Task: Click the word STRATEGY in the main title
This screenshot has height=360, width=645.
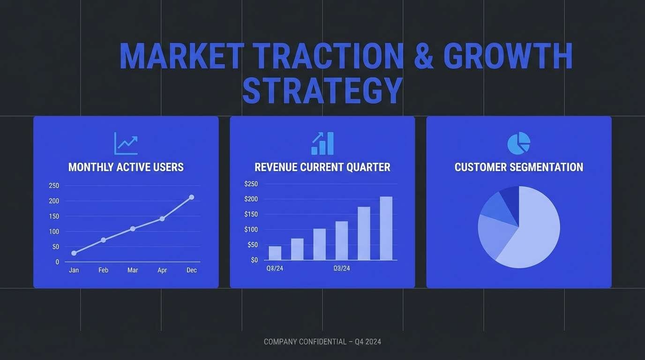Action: (322, 90)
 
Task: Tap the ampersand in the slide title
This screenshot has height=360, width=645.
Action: (423, 56)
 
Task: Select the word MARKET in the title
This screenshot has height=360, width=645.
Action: (181, 56)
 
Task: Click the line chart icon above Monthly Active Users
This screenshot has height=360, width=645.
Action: (126, 143)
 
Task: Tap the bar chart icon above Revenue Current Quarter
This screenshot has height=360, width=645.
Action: (322, 143)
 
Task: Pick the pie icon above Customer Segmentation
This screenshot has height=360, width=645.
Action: (518, 143)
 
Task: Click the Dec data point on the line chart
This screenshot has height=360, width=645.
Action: (191, 197)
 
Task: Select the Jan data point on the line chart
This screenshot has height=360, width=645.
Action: (74, 253)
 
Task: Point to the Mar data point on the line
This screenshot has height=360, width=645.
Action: (133, 229)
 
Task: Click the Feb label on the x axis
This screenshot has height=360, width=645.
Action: (103, 270)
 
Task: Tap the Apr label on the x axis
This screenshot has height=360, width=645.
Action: (162, 270)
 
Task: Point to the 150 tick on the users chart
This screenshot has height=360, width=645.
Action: (54, 216)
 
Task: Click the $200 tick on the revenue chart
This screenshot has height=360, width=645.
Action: (251, 199)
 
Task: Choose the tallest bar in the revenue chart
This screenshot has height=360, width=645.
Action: (386, 228)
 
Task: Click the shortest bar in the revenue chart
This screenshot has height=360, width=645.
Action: (275, 253)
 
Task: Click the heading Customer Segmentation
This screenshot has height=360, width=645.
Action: (518, 167)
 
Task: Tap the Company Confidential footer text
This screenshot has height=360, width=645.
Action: (322, 342)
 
